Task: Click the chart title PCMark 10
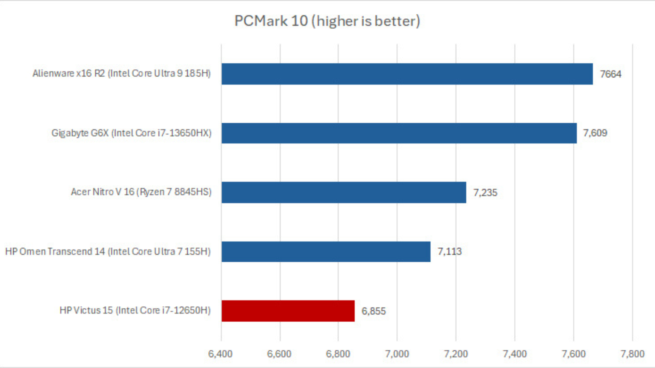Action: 327,21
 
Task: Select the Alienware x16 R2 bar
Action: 407,74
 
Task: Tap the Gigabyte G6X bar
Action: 399,133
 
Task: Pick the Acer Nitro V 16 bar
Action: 344,193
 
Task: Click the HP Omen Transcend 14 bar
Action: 326,252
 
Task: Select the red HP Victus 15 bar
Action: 288,311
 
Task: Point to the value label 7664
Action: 610,74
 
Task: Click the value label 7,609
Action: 595,133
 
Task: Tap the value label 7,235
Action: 485,193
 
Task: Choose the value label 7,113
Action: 449,251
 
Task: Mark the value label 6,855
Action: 373,311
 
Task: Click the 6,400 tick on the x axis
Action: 220,354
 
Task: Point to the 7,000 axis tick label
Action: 397,354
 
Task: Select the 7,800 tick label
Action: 632,354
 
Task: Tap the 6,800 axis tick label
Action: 338,354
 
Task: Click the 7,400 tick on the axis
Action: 514,354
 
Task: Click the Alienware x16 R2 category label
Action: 121,74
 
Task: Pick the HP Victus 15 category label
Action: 135,310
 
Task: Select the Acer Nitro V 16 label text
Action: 141,192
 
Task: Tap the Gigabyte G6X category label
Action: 131,133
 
